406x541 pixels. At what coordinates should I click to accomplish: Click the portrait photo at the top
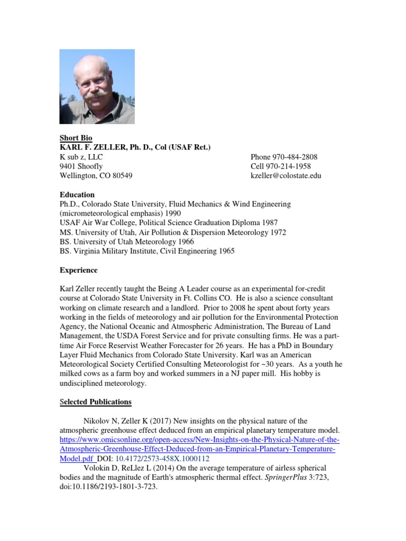coord(97,87)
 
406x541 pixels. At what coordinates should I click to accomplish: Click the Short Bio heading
coord(76,138)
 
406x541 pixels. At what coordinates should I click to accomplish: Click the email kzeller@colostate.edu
coord(285,176)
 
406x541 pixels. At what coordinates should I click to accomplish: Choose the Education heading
coord(77,194)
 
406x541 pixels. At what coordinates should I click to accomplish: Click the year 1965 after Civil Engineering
coord(225,251)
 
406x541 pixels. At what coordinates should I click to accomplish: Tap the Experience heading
coord(78,270)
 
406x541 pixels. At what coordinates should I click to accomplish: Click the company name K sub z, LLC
coord(81,157)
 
